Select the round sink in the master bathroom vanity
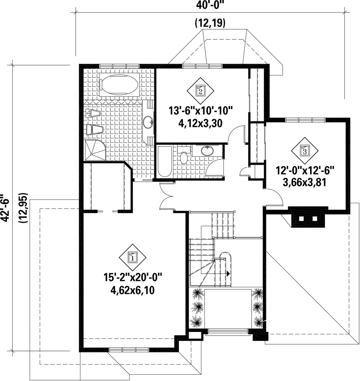coord(148,122)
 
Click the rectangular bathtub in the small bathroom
coord(164,161)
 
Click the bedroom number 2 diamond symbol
coord(200,91)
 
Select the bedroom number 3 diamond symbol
coord(305,151)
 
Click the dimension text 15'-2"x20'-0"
coord(133,277)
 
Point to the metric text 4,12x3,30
coord(201,123)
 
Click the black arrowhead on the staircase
coord(228,273)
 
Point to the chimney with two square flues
coord(308,217)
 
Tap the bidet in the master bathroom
coord(93,114)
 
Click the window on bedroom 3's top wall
coord(305,119)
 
